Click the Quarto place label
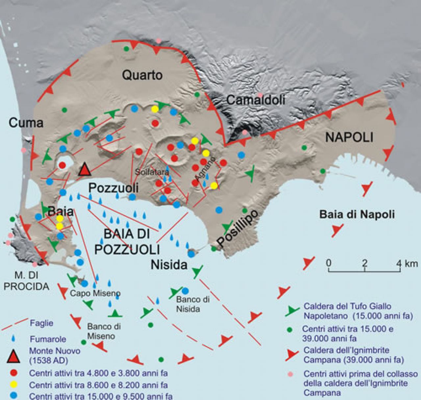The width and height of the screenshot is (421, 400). pyautogui.click(x=142, y=75)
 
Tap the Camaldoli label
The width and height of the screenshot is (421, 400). pyautogui.click(x=256, y=100)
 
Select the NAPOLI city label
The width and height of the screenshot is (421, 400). pyautogui.click(x=349, y=137)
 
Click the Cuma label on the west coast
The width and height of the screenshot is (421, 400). pyautogui.click(x=26, y=123)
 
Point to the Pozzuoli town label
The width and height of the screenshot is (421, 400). pyautogui.click(x=114, y=188)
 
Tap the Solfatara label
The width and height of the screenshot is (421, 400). pyautogui.click(x=152, y=172)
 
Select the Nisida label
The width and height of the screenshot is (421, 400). pyautogui.click(x=169, y=265)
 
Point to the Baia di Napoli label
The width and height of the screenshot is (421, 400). pyautogui.click(x=357, y=215)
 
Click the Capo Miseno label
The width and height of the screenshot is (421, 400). pyautogui.click(x=95, y=293)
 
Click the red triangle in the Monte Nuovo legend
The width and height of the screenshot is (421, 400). pyautogui.click(x=13, y=357)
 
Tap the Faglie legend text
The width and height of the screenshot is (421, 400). pyautogui.click(x=41, y=323)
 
